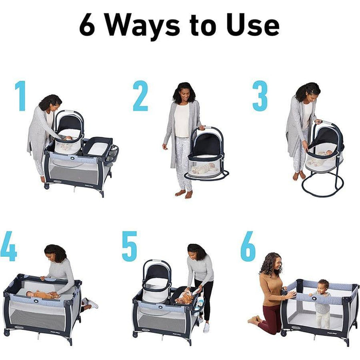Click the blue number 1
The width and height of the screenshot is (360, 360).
click(x=21, y=96)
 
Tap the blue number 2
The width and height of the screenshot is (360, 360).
click(x=140, y=96)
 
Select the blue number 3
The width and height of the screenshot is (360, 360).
click(x=260, y=96)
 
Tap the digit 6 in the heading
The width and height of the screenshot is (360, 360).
click(x=87, y=25)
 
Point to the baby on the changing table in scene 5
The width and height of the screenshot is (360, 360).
click(x=184, y=297)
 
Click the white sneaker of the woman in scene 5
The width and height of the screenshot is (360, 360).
click(x=206, y=327)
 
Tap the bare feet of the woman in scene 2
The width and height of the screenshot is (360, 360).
click(x=183, y=194)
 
